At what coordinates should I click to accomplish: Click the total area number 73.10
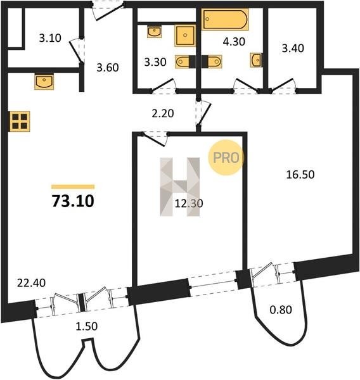point(73,201)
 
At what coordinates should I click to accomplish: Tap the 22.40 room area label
point(31,283)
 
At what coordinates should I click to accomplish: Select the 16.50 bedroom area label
point(300,175)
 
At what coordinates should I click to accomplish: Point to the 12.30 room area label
point(189,203)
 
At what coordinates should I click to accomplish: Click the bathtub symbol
point(226,20)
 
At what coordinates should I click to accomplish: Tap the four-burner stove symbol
point(20,121)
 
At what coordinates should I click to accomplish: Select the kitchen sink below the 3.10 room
point(44,82)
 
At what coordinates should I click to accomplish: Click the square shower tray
point(185,35)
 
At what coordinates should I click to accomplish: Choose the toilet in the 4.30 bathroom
point(212,61)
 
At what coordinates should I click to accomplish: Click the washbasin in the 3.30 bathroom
point(154,32)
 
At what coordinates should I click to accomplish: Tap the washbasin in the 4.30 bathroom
point(256,60)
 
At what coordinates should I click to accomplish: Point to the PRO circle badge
point(226,158)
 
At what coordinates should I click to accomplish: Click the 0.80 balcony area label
point(281,310)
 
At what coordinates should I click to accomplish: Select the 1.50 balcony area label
point(87,326)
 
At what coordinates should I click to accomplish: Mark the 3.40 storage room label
point(293,48)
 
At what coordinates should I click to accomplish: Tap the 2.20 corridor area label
point(163,113)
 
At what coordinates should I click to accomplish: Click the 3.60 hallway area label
point(108,68)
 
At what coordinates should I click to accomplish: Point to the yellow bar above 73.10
point(73,187)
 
